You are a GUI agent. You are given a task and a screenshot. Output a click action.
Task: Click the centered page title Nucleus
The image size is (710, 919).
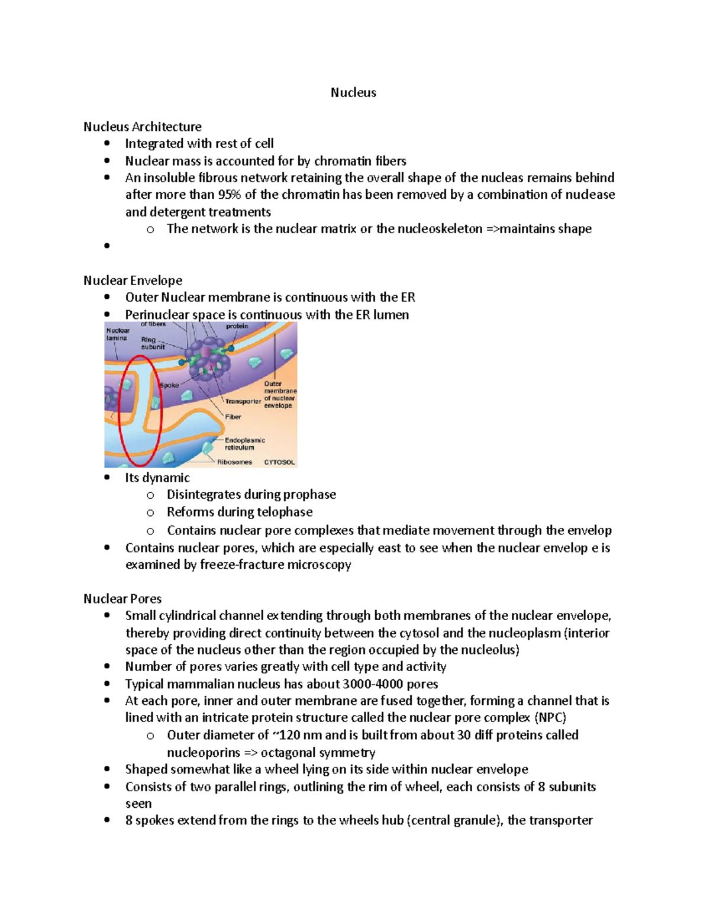tap(353, 92)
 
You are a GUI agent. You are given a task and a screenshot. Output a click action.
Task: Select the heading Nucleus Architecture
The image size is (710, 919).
tap(142, 127)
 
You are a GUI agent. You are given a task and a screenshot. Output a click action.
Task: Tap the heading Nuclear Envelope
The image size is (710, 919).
tap(133, 280)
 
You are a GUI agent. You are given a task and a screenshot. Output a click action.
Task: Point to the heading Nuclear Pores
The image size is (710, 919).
tap(122, 599)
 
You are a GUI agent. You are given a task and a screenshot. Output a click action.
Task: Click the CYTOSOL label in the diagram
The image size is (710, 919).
tap(279, 462)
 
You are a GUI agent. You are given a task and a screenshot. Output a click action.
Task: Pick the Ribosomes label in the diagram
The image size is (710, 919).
tap(234, 462)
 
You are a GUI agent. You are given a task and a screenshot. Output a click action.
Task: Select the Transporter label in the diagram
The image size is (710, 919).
tap(243, 401)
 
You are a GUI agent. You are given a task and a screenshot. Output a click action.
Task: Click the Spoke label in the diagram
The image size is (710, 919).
tap(169, 385)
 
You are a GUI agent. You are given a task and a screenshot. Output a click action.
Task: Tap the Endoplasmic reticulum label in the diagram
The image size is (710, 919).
tap(244, 444)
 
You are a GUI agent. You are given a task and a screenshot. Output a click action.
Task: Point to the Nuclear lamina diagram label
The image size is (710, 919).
tap(117, 334)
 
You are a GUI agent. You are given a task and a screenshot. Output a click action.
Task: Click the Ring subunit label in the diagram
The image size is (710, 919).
tap(152, 343)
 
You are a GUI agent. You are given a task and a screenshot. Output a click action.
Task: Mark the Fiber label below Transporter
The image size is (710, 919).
tap(233, 417)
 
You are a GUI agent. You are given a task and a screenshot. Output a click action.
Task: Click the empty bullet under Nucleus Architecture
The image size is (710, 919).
tap(107, 246)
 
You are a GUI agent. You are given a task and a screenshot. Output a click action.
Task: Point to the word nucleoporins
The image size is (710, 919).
tap(203, 753)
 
